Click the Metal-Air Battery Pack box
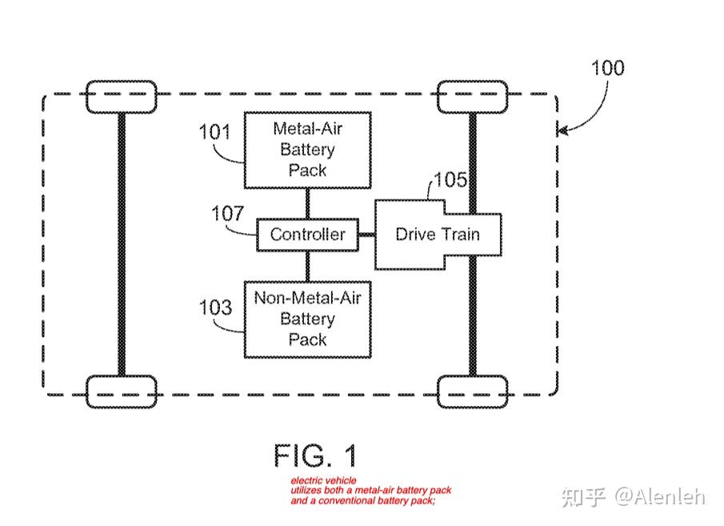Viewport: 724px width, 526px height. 307,149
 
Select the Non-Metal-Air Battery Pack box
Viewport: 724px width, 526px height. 307,319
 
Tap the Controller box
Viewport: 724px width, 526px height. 307,234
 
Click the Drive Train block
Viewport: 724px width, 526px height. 438,235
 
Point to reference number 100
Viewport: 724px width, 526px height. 607,67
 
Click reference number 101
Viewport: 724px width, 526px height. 215,130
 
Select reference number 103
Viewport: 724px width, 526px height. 215,307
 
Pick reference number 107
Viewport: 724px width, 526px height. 227,214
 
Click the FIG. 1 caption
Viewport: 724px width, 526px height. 315,456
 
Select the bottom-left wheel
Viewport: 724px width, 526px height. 121,391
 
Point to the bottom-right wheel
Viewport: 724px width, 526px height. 472,391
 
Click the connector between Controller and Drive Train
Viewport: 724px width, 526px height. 366,235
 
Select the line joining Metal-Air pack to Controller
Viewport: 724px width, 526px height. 307,203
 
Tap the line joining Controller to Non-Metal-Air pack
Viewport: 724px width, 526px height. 307,265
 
